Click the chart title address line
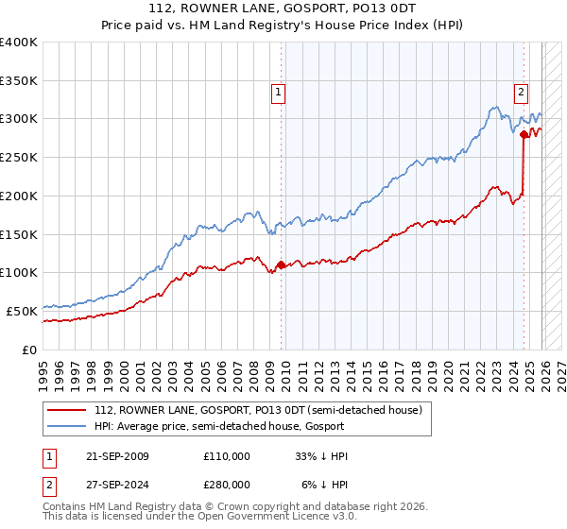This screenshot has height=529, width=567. [x=283, y=8]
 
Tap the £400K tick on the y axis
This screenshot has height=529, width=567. [x=19, y=43]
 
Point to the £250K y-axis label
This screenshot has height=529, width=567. [x=19, y=158]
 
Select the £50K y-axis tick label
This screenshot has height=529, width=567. [x=23, y=311]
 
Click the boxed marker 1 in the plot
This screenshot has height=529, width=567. [x=279, y=93]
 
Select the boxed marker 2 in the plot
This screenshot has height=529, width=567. [x=521, y=93]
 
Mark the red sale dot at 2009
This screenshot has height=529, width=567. [x=281, y=265]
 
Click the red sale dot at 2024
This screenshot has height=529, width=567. [x=524, y=135]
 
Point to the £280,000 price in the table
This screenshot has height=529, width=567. [x=227, y=485]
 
